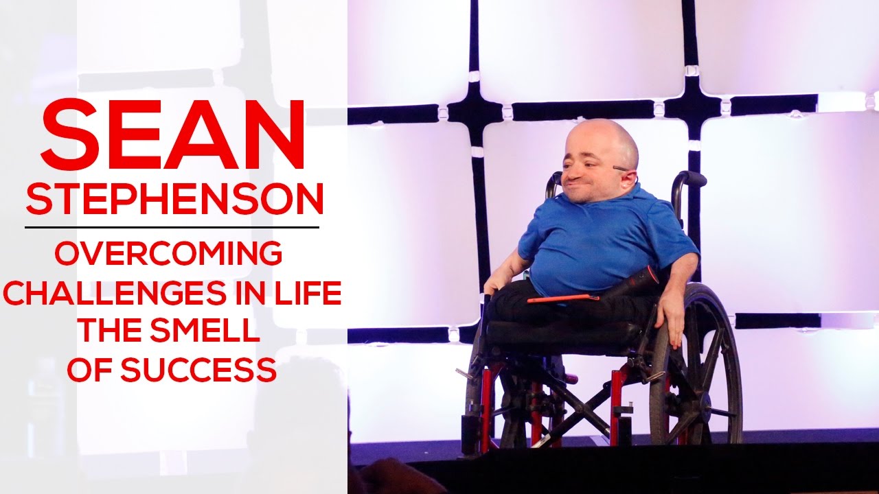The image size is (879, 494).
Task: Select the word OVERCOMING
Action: click(x=168, y=255)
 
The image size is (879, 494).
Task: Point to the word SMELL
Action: click(x=214, y=332)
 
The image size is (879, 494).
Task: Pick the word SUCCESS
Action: click(x=198, y=370)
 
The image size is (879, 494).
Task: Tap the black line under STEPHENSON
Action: click(x=172, y=226)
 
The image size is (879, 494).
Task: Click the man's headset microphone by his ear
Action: click(x=622, y=169)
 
